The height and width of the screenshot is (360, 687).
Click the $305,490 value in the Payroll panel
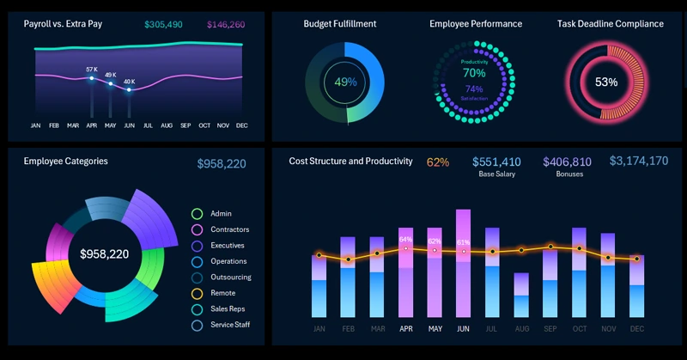pos(163,25)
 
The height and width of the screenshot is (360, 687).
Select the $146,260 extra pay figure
pos(226,25)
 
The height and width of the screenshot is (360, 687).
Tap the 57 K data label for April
pos(92,70)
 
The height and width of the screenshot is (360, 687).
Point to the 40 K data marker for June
pos(129,89)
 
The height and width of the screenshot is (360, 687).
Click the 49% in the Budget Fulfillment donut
pos(345,82)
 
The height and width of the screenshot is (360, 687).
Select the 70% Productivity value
pos(473,73)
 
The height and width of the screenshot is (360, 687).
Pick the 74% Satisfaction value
pos(473,89)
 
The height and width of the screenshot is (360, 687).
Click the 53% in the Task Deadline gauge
pos(606,82)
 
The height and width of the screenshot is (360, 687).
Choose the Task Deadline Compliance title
pos(610,24)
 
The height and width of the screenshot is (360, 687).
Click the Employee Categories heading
pos(65,161)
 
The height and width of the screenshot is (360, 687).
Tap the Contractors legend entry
pos(229,229)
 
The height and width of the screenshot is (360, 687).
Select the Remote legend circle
pos(197,294)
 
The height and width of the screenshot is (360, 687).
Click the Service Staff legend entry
pos(232,326)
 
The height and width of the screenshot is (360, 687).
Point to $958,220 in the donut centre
pos(104,254)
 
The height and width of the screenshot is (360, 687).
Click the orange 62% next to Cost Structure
pos(438,162)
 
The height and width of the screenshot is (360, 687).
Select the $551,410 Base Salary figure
pos(496,162)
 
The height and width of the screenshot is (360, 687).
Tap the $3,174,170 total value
pos(638,161)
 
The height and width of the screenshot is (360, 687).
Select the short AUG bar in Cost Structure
pos(521,296)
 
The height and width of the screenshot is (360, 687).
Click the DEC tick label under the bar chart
pos(637,329)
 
